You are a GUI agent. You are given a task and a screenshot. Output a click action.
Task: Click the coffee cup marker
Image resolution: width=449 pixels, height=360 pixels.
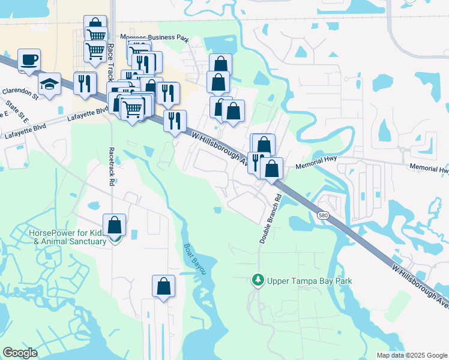click(29, 60)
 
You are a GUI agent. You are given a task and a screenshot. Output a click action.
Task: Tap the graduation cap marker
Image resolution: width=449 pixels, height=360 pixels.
click(50, 85)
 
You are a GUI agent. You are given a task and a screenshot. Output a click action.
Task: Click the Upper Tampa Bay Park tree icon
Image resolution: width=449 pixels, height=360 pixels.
click(258, 280)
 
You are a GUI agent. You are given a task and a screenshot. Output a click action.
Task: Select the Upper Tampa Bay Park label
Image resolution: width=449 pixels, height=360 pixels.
click(309, 281)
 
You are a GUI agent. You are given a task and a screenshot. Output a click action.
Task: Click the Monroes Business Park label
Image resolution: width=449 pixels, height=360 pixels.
click(154, 37)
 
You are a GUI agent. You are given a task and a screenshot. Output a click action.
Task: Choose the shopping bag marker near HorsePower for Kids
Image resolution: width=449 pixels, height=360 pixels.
click(115, 226)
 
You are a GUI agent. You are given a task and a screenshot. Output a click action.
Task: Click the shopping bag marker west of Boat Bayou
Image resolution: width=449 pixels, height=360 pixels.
click(164, 287)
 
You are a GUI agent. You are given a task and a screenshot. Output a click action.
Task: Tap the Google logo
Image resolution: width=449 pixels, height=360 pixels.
click(20, 353)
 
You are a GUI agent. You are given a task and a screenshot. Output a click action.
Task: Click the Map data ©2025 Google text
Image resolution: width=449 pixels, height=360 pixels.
click(411, 355)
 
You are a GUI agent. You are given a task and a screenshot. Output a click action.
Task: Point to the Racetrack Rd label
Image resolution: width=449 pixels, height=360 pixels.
click(112, 167)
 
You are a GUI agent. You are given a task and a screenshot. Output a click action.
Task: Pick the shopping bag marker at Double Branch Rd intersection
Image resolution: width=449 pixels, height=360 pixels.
click(273, 169)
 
